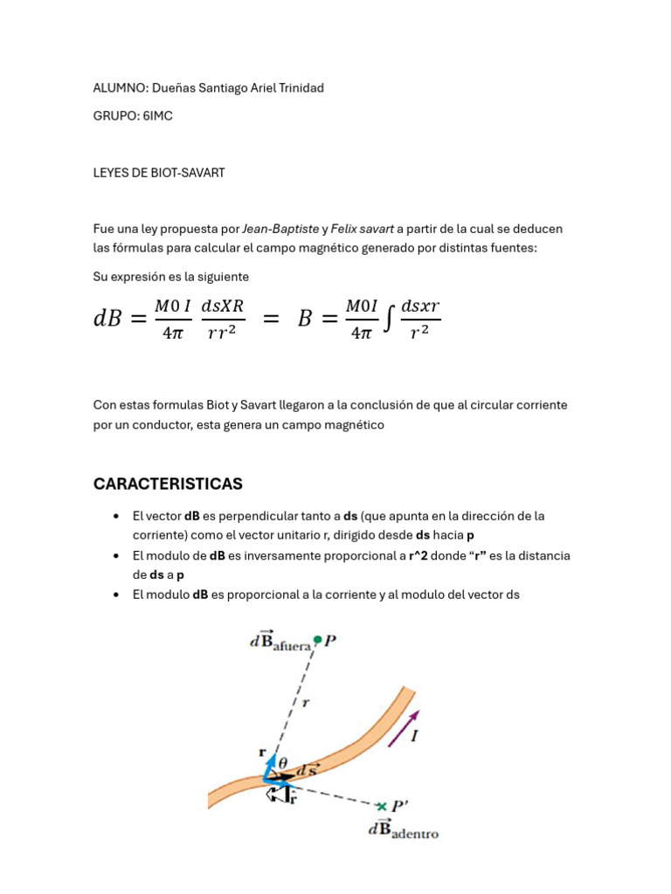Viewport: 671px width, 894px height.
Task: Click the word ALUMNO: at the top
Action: click(x=120, y=88)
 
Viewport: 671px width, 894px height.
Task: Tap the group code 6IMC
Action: click(x=157, y=116)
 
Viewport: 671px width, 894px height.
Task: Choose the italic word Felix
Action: click(x=346, y=229)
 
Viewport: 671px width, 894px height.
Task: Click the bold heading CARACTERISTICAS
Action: click(x=168, y=484)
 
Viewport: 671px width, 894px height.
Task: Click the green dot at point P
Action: click(x=318, y=640)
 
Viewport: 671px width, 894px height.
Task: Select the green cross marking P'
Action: click(x=381, y=806)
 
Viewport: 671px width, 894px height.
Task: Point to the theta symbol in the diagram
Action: click(x=283, y=760)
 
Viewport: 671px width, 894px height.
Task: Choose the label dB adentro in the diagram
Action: click(x=403, y=830)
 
